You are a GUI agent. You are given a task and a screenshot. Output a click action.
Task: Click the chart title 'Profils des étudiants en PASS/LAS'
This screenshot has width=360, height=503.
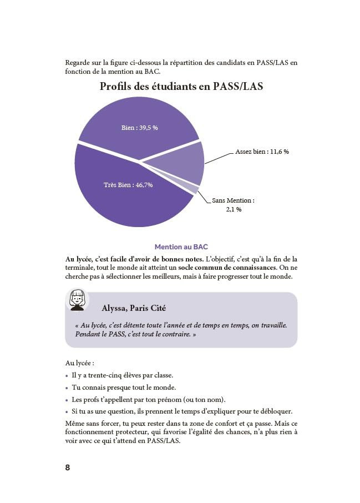181,87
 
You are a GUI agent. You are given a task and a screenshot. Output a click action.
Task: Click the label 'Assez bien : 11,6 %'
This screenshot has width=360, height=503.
262,152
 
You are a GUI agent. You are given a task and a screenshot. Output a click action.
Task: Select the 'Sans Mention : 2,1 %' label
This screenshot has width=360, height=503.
234,205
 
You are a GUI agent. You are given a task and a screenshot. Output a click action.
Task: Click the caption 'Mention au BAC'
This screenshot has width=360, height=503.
181,247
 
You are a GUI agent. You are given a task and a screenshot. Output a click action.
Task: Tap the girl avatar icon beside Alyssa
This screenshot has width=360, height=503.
78,300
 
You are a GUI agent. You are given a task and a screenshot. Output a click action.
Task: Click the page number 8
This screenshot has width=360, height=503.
68,467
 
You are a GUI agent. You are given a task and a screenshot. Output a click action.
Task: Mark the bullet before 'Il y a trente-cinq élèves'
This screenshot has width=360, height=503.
67,375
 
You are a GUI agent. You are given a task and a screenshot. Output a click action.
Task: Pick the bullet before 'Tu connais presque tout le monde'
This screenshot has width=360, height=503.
67,388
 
